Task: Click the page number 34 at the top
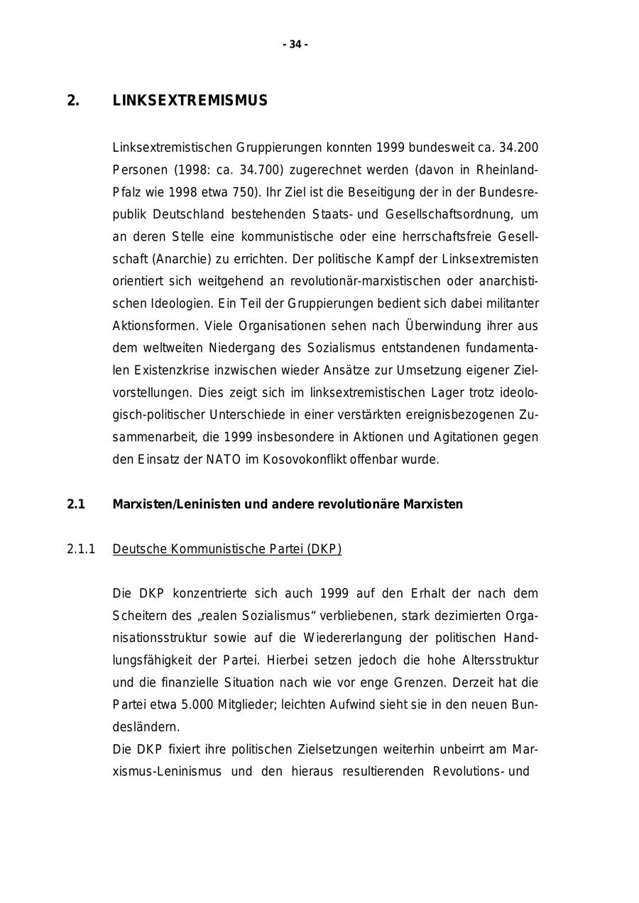pos(295,45)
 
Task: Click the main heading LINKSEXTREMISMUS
pos(190,101)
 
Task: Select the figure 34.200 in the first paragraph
pos(519,148)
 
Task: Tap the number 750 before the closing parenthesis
pos(242,192)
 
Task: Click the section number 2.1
pos(76,504)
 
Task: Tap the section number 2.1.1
pos(81,549)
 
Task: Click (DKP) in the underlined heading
pos(324,549)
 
